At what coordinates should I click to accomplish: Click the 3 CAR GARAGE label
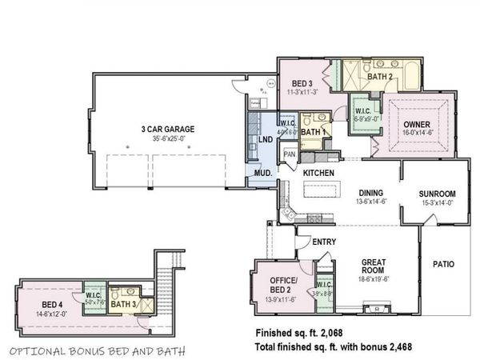[x=168, y=129]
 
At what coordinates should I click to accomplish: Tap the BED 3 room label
[x=301, y=84]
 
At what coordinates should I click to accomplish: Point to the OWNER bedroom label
[x=416, y=124]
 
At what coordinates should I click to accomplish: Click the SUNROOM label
[x=437, y=194]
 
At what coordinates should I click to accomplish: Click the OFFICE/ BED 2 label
[x=275, y=283]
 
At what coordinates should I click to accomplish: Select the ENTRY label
[x=324, y=242]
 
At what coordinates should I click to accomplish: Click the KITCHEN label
[x=318, y=173]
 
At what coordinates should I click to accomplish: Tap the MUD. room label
[x=262, y=173]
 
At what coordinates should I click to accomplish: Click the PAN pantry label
[x=290, y=154]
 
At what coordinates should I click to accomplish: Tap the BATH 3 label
[x=122, y=304]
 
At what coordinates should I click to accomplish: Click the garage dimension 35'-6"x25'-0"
[x=169, y=138]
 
